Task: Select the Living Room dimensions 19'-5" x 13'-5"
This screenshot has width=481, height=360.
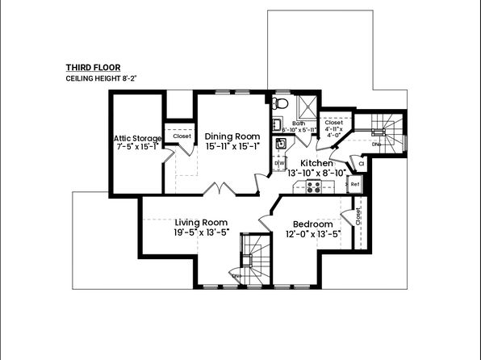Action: pos(201,232)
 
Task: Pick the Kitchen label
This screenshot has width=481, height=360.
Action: pos(316,163)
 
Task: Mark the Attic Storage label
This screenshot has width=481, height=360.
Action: pos(137,138)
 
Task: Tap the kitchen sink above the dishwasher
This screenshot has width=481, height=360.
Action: pos(280,144)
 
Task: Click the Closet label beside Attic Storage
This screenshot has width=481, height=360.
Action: pos(182,136)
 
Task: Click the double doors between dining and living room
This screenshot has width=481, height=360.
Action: pos(219,190)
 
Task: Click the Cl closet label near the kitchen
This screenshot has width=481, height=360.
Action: pos(362,164)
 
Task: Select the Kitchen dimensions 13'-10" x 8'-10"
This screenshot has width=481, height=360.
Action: pos(316,172)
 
